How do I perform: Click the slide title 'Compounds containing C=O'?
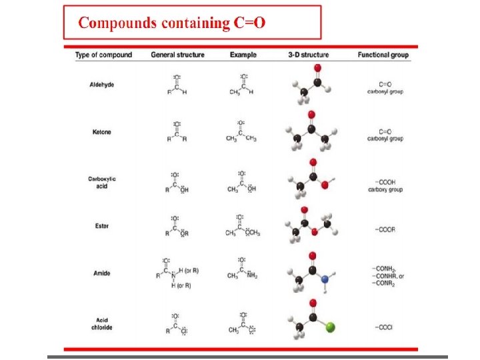[172, 23]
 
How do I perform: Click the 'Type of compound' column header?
[103, 55]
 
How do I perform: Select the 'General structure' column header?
[177, 55]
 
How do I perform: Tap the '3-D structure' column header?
[308, 55]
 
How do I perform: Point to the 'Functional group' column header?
[383, 55]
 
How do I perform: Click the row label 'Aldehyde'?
[101, 85]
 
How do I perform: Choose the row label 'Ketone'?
[101, 132]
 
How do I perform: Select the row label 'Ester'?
[101, 226]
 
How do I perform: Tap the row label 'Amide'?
[101, 273]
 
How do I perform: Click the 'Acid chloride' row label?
[101, 324]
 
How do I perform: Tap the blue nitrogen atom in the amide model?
[325, 280]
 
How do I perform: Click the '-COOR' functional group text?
[385, 229]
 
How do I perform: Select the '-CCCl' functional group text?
[385, 327]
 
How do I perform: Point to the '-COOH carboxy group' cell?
[385, 186]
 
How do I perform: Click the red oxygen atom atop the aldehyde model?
[318, 69]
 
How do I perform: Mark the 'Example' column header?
[243, 55]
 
